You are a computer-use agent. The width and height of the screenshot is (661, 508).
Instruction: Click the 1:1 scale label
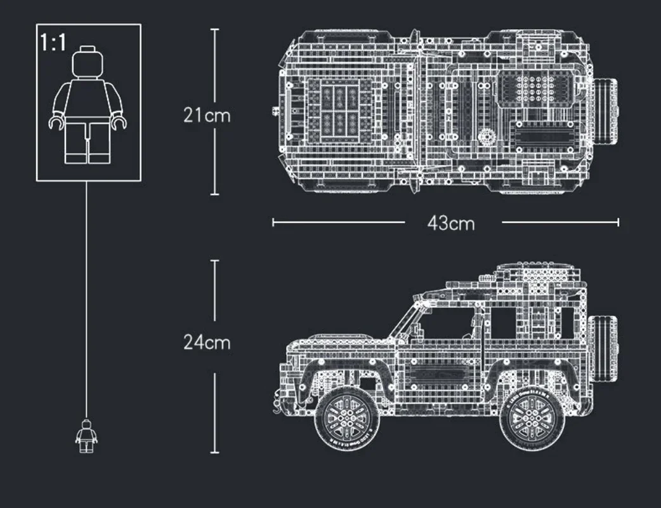[x=53, y=43]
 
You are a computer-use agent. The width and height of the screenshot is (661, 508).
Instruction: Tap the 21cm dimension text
[x=207, y=116]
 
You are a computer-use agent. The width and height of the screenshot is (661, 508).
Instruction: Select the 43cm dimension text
[x=450, y=223]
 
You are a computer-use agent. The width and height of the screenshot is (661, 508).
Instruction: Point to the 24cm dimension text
[x=207, y=342]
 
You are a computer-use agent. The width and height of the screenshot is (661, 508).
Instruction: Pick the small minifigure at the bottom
[x=86, y=436]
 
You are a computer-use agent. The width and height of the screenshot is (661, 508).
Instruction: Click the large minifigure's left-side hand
[x=55, y=123]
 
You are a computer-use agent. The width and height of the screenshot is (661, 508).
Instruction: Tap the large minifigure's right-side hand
[x=119, y=123]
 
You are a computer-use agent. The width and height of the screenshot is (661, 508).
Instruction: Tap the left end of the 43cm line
[x=273, y=222]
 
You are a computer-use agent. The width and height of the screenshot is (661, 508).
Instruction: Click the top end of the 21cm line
[x=214, y=29]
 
